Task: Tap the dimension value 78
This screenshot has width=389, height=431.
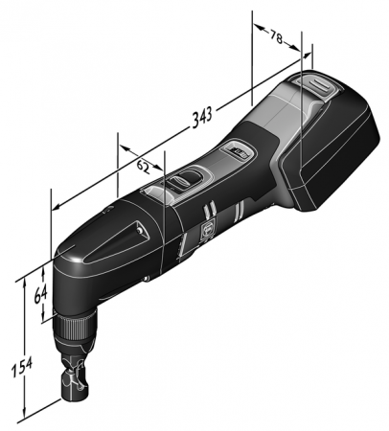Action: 277,37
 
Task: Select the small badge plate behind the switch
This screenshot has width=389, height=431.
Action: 237,150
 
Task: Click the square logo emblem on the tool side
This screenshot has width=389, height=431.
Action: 206,229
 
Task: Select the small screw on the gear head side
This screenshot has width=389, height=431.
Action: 146,280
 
